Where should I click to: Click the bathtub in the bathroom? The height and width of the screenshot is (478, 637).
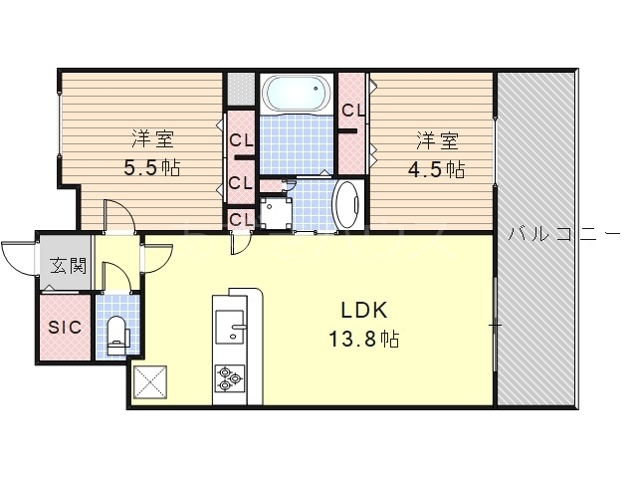pos(297,93)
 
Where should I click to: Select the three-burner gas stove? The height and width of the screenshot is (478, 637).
pos(230,378)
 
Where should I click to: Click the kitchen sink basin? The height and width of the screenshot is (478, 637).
pos(230,327)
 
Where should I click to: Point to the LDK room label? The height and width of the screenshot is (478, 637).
pos(363,311)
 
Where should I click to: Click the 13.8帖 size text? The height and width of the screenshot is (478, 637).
pos(363,339)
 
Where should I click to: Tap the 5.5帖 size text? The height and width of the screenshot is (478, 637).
pos(152,167)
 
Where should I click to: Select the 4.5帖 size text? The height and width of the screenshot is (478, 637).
pos(437,168)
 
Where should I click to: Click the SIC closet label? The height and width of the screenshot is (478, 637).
pos(65,328)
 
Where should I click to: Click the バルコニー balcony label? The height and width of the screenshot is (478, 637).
pos(564,234)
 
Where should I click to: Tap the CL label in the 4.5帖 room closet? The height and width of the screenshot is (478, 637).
pos(353,111)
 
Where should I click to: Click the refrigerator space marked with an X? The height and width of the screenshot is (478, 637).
pos(150,382)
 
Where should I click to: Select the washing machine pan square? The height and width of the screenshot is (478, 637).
pos(275,212)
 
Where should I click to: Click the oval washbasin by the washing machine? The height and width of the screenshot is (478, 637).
pos(348,205)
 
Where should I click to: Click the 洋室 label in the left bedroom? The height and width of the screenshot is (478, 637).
pos(152,139)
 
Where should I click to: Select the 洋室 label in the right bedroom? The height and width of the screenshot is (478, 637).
pos(437,141)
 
